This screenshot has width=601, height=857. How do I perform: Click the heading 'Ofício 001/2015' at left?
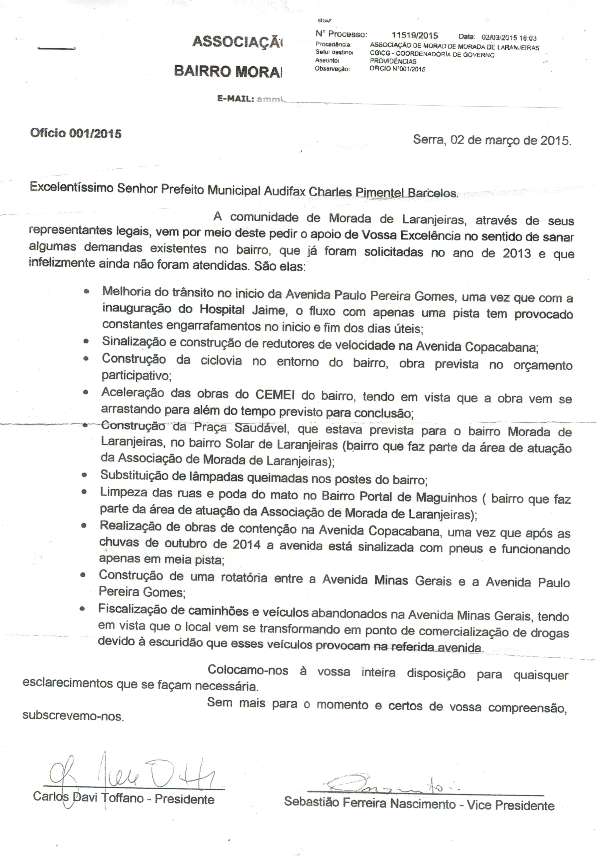click(x=76, y=133)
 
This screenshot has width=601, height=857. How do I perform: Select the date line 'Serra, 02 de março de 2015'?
click(x=492, y=140)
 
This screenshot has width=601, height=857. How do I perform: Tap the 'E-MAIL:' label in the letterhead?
click(x=236, y=99)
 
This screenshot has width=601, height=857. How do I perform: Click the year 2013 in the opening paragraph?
click(x=516, y=253)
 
